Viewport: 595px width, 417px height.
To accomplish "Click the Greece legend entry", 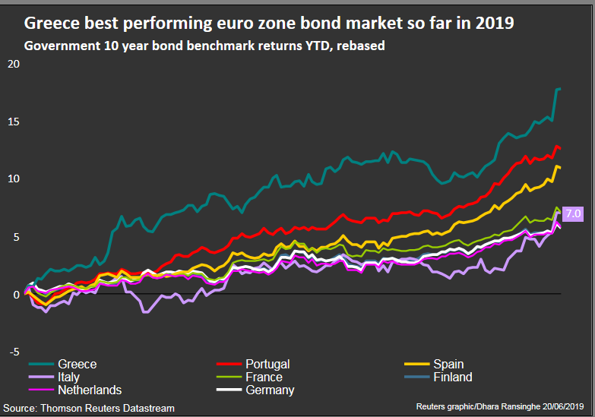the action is [x=62, y=365].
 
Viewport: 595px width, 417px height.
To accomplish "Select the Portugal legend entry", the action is [x=253, y=365].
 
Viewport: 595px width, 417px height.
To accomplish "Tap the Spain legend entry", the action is [x=434, y=365].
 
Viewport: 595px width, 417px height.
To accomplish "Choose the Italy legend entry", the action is [x=54, y=378].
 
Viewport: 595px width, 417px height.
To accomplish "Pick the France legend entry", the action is [x=249, y=378].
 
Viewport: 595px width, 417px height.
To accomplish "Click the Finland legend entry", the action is [x=438, y=378].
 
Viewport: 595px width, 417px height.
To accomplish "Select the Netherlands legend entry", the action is [x=75, y=390].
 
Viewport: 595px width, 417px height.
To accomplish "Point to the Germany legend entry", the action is [x=255, y=390].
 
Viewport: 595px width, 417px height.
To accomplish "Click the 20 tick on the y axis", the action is [x=14, y=64].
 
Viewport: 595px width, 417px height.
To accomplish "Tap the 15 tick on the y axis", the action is [x=14, y=122].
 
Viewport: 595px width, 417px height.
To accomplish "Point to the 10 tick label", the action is [x=14, y=178].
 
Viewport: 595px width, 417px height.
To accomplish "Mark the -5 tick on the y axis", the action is [x=14, y=352].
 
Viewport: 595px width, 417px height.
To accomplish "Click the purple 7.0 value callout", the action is [x=573, y=213].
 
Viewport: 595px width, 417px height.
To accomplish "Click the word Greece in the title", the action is [x=52, y=23].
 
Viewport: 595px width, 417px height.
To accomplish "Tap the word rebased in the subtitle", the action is [x=360, y=46].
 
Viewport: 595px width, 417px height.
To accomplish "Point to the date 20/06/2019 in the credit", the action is [x=563, y=407].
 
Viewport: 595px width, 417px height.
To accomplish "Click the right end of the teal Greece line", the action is [x=561, y=89].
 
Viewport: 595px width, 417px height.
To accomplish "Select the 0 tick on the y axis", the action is [x=16, y=295].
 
